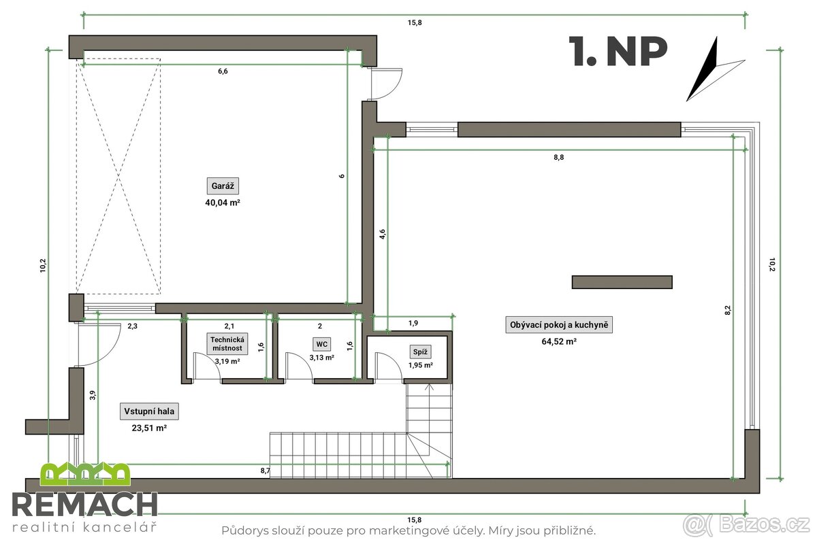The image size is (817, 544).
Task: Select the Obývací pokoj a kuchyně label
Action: (x=561, y=326)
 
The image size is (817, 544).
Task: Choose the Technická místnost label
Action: (x=227, y=343)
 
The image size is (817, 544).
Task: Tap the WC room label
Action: (x=321, y=344)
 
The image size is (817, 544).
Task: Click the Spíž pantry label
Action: (x=419, y=352)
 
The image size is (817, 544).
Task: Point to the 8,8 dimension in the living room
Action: (x=559, y=157)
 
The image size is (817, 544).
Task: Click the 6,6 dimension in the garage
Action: (x=222, y=71)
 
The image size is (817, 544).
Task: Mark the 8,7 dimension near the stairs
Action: (x=265, y=470)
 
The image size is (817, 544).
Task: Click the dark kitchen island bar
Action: (x=622, y=282)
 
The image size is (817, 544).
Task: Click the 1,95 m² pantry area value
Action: (x=420, y=365)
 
